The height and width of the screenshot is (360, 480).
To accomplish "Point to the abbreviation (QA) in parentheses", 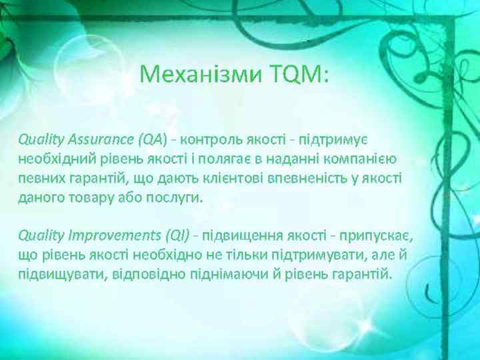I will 151,140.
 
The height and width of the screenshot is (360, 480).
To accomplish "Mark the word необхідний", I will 55,159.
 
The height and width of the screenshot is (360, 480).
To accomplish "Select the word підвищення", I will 241,235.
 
